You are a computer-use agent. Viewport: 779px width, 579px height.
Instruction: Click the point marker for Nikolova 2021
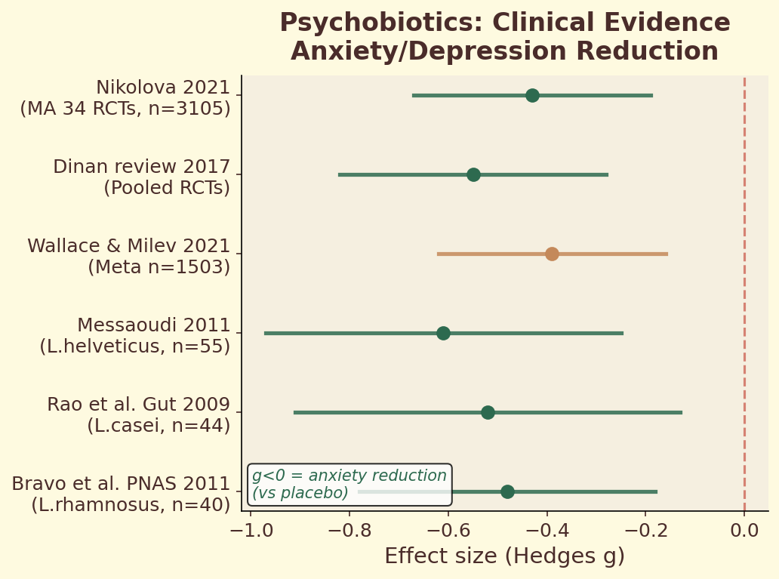(x=532, y=95)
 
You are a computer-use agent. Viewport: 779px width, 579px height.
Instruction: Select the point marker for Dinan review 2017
(x=473, y=174)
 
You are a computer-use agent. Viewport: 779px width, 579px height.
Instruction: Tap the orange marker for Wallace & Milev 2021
(x=552, y=254)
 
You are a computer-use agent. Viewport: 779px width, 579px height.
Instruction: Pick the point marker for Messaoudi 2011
(x=443, y=333)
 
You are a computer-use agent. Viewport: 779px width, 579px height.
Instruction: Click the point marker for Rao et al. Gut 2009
(x=488, y=412)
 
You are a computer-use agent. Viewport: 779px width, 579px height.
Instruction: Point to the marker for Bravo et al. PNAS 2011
(x=507, y=491)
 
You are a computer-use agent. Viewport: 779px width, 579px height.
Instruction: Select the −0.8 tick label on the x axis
(x=349, y=531)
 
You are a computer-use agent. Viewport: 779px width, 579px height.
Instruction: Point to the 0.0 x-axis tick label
(x=744, y=531)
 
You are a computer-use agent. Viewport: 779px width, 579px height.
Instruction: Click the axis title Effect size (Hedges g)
(x=504, y=556)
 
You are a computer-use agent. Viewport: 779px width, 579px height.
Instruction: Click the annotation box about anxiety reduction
(x=349, y=485)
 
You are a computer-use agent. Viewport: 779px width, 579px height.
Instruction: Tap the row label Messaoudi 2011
(x=153, y=325)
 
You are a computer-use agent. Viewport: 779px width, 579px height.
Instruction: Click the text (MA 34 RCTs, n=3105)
(x=125, y=109)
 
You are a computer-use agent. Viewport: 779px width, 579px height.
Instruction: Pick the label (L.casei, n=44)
(x=159, y=426)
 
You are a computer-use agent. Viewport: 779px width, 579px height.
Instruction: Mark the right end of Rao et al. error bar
(x=682, y=412)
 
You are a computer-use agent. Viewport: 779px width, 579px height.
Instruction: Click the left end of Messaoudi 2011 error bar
(x=265, y=333)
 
